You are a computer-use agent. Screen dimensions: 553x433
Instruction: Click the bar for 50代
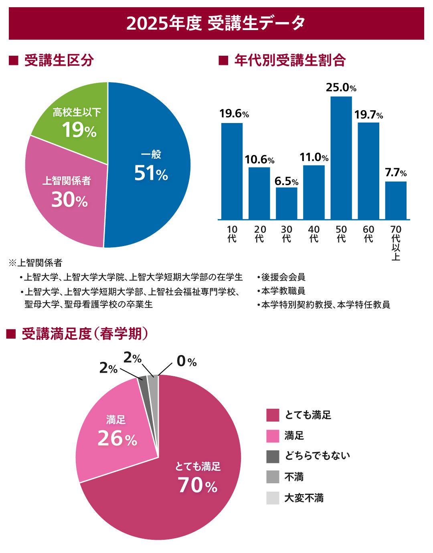[x=341, y=158]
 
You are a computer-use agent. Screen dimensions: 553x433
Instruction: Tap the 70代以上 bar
[x=396, y=200]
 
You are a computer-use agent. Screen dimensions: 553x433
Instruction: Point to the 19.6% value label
[x=234, y=114]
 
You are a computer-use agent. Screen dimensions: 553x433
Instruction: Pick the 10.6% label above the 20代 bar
[x=259, y=159]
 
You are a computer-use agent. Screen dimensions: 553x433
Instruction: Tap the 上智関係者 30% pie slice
[x=66, y=192]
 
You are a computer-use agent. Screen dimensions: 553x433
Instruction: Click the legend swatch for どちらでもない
[x=273, y=456]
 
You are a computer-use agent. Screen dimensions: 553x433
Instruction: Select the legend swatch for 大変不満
[x=273, y=498]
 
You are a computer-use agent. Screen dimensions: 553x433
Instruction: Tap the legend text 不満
[x=294, y=477]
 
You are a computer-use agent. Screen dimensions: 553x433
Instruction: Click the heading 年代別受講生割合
[x=290, y=61]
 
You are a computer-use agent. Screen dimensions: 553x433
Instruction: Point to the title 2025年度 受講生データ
[x=216, y=23]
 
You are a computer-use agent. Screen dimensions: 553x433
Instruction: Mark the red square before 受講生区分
[x=14, y=61]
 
